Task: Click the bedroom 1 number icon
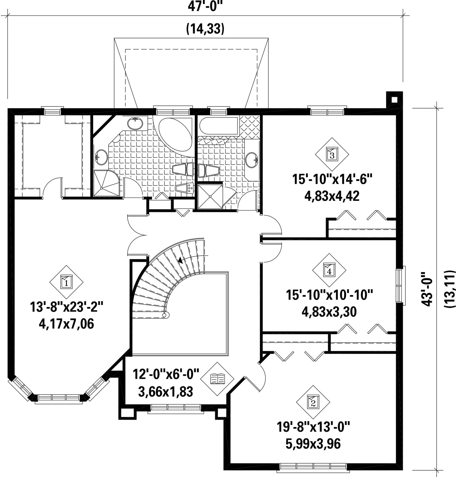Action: pyautogui.click(x=66, y=282)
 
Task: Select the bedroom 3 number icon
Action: pyautogui.click(x=332, y=154)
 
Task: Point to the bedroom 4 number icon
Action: pyautogui.click(x=329, y=270)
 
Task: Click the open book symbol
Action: pyautogui.click(x=217, y=379)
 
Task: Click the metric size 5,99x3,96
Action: pyautogui.click(x=313, y=443)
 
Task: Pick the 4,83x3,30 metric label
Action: pyautogui.click(x=329, y=312)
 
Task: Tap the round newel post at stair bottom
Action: pyautogui.click(x=164, y=315)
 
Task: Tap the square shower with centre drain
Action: pyautogui.click(x=210, y=197)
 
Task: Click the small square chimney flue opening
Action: pyautogui.click(x=394, y=100)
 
